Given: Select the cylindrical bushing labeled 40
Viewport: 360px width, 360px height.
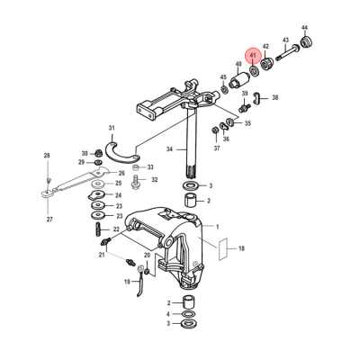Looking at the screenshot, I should pyautogui.click(x=238, y=81).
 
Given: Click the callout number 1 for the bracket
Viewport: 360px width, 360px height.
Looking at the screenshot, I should pyautogui.click(x=215, y=227).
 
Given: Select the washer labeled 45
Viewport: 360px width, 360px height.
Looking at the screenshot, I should pyautogui.click(x=223, y=89).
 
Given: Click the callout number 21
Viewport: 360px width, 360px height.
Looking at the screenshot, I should pyautogui.click(x=102, y=256).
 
